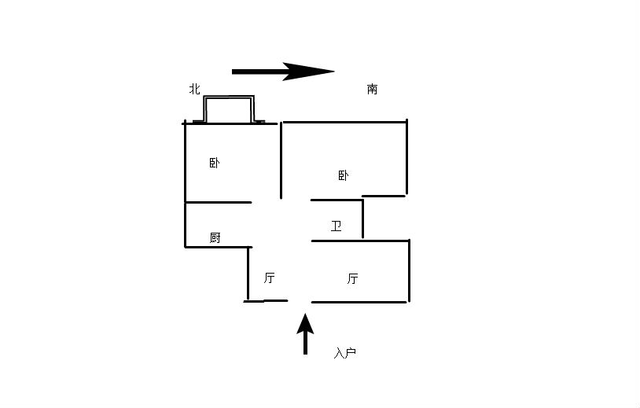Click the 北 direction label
pos(195,89)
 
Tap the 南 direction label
pos(372,89)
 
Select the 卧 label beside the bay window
pos(215,164)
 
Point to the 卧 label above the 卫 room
pos(344,175)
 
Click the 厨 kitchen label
pos(215,237)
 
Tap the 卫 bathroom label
pos(336,226)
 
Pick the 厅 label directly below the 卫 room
pos(353,278)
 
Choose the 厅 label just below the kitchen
pos(269,278)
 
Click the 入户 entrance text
pos(345,353)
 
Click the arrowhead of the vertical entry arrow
pos(305,325)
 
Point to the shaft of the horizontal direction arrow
pos(258,72)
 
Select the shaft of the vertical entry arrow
pos(305,344)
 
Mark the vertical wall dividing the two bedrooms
pos(281,160)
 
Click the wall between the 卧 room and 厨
pos(219,202)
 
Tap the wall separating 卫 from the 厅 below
pos(360,241)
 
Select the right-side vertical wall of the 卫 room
pos(362,219)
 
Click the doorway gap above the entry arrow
pos(300,302)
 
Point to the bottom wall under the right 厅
pos(359,303)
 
